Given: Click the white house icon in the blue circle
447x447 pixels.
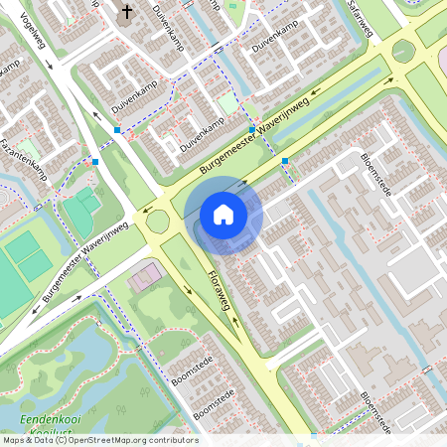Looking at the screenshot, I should coord(223,214).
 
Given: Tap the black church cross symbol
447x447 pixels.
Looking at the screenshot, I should coord(127,13).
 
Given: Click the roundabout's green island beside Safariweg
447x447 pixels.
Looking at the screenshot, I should coord(403,50).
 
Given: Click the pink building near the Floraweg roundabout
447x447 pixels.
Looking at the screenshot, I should coord(143,275).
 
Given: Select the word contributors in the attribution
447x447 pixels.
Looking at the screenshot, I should coord(172,440).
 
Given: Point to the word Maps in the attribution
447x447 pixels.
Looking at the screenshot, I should coord(14,440).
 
